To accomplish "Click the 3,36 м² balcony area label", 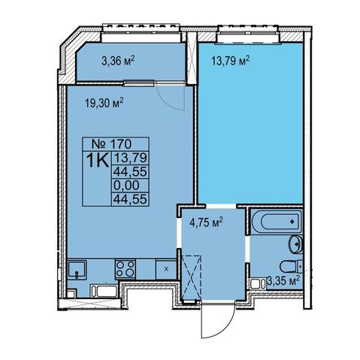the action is pyautogui.click(x=118, y=61).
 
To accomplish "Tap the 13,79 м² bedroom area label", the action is pyautogui.click(x=231, y=61).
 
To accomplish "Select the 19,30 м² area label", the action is pyautogui.click(x=104, y=103).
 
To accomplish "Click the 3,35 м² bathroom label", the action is pyautogui.click(x=283, y=280).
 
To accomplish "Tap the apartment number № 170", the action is pyautogui.click(x=112, y=144).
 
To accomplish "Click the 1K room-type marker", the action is pyautogui.click(x=98, y=161).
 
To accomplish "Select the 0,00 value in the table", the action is pyautogui.click(x=126, y=186).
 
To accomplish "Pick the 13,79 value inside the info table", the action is pyautogui.click(x=130, y=158).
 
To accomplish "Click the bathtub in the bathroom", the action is pyautogui.click(x=277, y=221).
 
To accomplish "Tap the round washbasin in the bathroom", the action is pyautogui.click(x=296, y=244).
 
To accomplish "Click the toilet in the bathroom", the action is pyautogui.click(x=292, y=267).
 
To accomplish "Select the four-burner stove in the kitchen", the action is pyautogui.click(x=126, y=269).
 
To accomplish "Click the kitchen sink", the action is pyautogui.click(x=77, y=270).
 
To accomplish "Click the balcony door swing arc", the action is pyautogui.click(x=173, y=101).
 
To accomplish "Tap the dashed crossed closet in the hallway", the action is pyautogui.click(x=192, y=277).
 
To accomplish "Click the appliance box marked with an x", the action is pyautogui.click(x=166, y=269).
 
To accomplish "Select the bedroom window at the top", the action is pyautogui.click(x=248, y=35).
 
